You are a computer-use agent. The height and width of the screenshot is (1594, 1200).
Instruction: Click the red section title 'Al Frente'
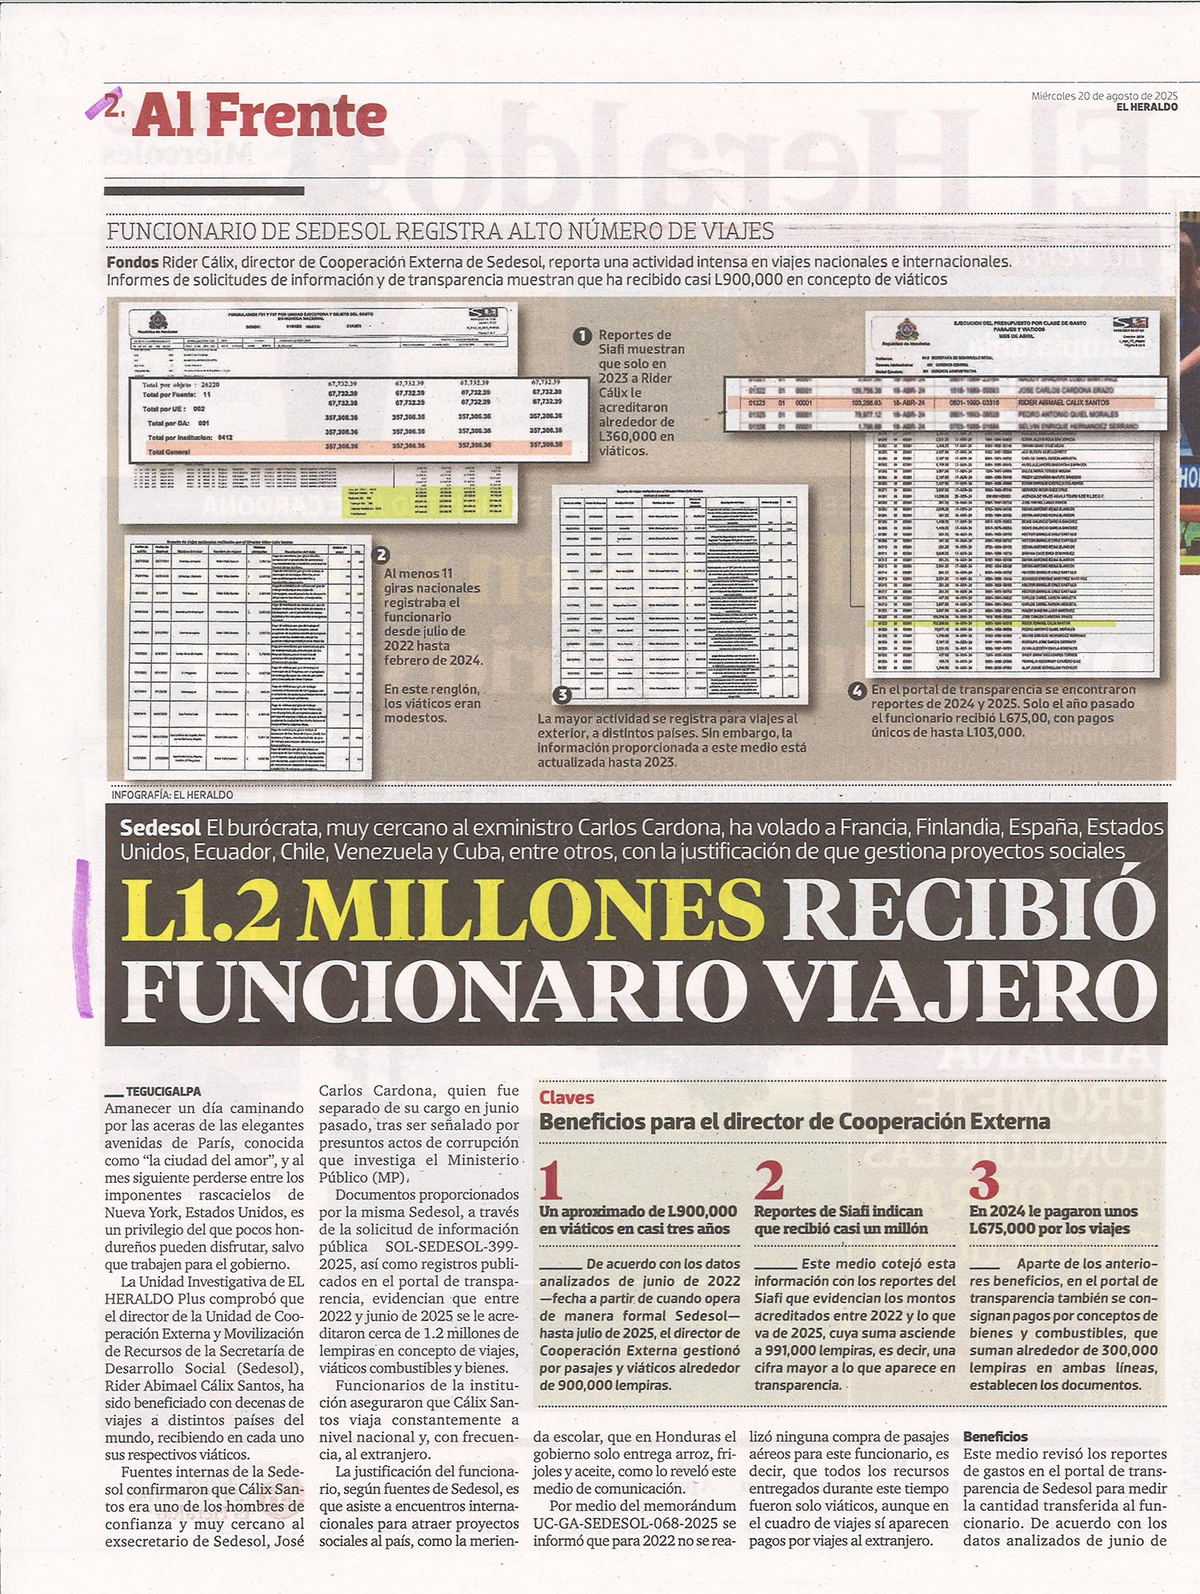pyautogui.click(x=260, y=116)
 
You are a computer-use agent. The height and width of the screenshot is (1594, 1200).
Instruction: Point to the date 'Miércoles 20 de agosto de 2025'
pyautogui.click(x=1103, y=95)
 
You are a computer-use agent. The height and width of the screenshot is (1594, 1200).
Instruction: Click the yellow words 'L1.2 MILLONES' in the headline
pyautogui.click(x=442, y=910)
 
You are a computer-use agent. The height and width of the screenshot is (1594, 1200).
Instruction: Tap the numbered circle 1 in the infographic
pyautogui.click(x=583, y=336)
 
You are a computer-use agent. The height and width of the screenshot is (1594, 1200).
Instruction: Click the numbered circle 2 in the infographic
pyautogui.click(x=382, y=555)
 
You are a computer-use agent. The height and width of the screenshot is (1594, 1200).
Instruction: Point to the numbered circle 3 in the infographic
pyautogui.click(x=562, y=695)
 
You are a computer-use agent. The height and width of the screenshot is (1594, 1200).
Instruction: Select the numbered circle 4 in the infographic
pyautogui.click(x=857, y=691)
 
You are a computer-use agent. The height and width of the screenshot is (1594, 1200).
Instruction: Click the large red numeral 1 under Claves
pyautogui.click(x=551, y=1179)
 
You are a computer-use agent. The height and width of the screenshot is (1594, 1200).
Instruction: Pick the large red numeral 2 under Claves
pyautogui.click(x=769, y=1179)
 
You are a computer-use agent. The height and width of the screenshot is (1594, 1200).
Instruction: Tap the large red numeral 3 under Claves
pyautogui.click(x=984, y=1179)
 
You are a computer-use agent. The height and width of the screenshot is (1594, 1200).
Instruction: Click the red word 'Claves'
pyautogui.click(x=566, y=1098)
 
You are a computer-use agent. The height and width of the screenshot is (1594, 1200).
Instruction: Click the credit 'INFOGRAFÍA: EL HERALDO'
pyautogui.click(x=172, y=795)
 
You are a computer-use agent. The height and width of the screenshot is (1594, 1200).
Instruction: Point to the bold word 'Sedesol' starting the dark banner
pyautogui.click(x=160, y=827)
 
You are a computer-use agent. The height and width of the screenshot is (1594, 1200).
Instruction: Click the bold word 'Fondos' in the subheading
pyautogui.click(x=132, y=262)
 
